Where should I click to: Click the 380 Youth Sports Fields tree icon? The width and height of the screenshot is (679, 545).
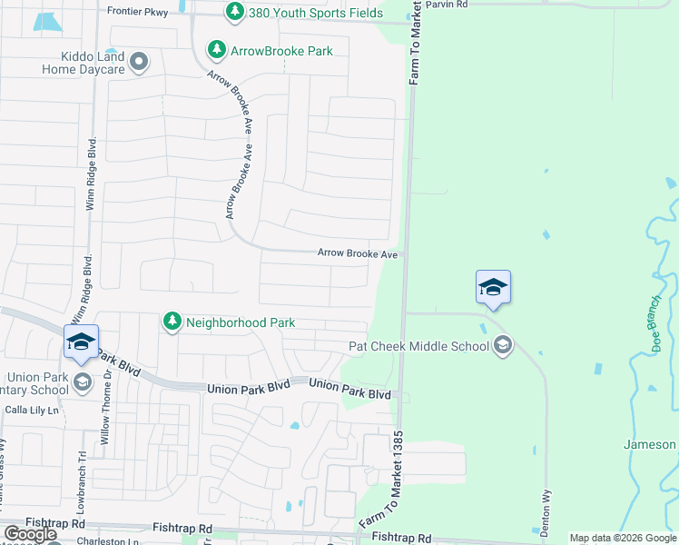pyautogui.click(x=235, y=12)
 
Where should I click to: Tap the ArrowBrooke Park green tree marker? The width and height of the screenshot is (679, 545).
pyautogui.click(x=216, y=49)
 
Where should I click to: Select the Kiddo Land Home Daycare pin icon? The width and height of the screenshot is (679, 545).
pyautogui.click(x=139, y=63)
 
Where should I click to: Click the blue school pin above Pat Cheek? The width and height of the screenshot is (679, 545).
pyautogui.click(x=493, y=287)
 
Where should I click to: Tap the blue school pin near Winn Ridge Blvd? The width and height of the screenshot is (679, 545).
pyautogui.click(x=81, y=342)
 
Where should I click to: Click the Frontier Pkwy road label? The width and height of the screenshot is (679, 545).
pyautogui.click(x=137, y=11)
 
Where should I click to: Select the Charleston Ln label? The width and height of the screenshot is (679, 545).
pyautogui.click(x=99, y=541)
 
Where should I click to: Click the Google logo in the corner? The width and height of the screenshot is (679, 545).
pyautogui.click(x=30, y=534)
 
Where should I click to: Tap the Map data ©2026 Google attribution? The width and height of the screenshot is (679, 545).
pyautogui.click(x=623, y=539)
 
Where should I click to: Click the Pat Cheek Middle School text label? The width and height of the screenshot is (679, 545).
pyautogui.click(x=419, y=346)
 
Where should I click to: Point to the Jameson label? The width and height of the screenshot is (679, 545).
pyautogui.click(x=650, y=444)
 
